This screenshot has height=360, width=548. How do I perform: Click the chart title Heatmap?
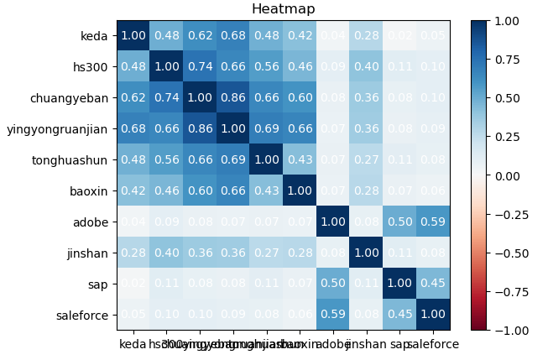[x=284, y=9]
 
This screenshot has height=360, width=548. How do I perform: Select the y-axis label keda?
[x=93, y=35]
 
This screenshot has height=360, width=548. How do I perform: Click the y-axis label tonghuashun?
[x=70, y=159]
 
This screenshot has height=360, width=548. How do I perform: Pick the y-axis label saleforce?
[x=84, y=315]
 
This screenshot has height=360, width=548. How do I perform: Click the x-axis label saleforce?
[x=431, y=343]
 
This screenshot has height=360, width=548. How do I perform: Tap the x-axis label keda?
[x=133, y=343]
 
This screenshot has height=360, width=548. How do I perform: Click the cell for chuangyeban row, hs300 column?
[x=166, y=97]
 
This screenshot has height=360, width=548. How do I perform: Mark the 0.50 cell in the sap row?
[x=333, y=284]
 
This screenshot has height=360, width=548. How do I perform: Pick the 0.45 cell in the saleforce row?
[x=399, y=315]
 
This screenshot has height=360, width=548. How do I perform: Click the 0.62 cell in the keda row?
[x=200, y=35]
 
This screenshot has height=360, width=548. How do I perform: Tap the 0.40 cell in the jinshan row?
[x=166, y=253]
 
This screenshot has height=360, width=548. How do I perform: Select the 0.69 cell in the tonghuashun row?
[x=233, y=159]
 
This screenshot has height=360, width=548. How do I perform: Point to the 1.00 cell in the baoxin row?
[x=300, y=190]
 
